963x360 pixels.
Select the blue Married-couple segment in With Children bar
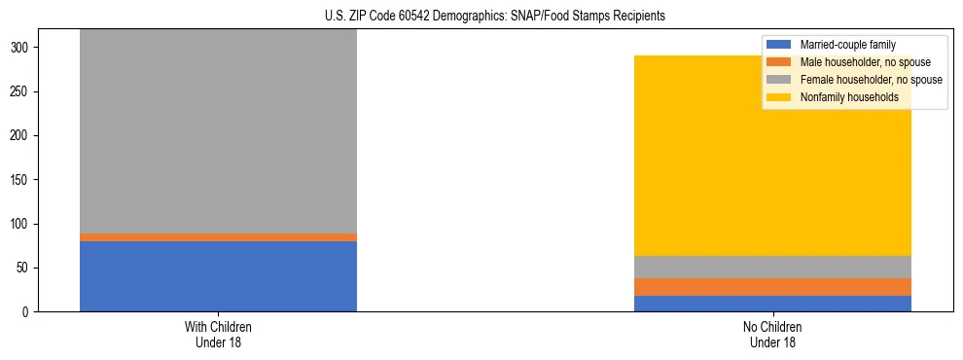click(x=218, y=276)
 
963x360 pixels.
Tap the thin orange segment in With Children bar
click(x=218, y=237)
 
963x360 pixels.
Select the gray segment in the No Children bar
click(x=772, y=267)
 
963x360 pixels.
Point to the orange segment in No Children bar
click(x=772, y=286)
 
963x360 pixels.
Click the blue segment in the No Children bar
click(x=772, y=304)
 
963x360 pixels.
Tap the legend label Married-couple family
click(x=847, y=45)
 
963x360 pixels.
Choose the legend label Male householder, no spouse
click(x=863, y=62)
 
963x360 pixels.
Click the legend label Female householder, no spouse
click(x=871, y=80)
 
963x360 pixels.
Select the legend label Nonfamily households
click(x=848, y=97)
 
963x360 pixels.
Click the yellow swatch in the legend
click(x=780, y=97)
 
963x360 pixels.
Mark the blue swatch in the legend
click(x=780, y=45)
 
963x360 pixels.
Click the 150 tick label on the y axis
click(x=26, y=180)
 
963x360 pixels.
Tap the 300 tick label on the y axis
click(x=26, y=48)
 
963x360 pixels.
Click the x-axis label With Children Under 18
click(x=218, y=335)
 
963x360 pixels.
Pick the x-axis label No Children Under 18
click(x=772, y=335)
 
